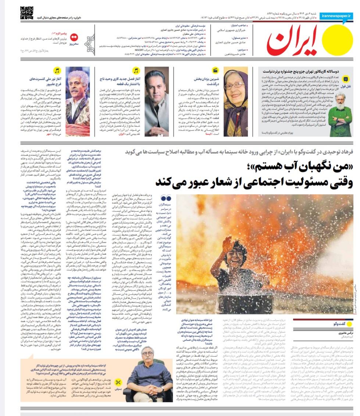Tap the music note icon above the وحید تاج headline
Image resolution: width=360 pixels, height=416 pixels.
(136, 70)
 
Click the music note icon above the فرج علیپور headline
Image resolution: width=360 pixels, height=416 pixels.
(57, 70)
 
